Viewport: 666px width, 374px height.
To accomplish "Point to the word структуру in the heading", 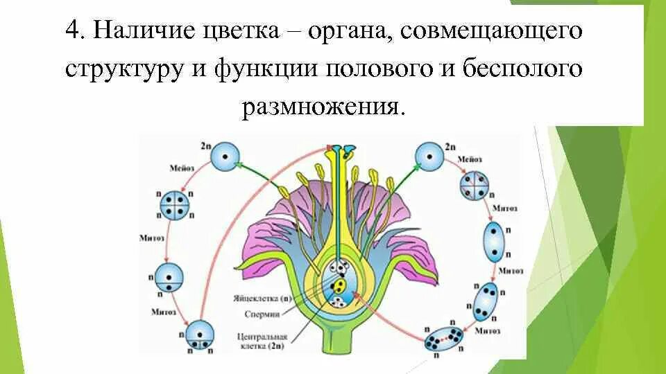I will pos(122,70).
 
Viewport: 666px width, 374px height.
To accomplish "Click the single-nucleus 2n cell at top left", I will pos(224,157).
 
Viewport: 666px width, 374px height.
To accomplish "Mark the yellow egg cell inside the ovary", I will pos(340,285).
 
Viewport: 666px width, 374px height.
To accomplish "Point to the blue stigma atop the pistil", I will pos(341,150).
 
